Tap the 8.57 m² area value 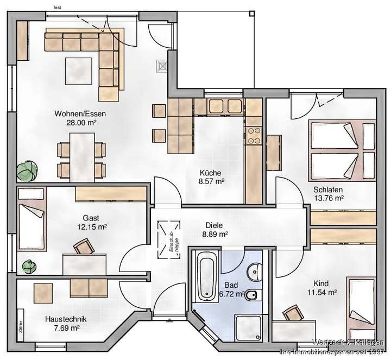point(211,182)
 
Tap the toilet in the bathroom point(254,296)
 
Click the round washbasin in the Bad point(254,271)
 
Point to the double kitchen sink point(224,104)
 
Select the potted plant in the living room point(24,172)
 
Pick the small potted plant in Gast point(27,266)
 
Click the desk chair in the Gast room point(84,247)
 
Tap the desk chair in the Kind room point(293,313)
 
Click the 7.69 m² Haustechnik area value point(65,329)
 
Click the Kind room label point(321,283)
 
